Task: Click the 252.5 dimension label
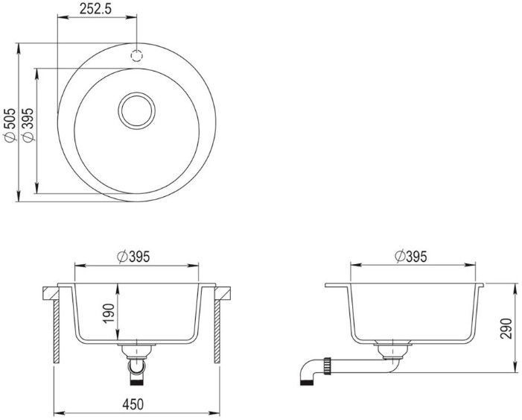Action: tap(95, 9)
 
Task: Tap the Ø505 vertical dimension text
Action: tap(10, 125)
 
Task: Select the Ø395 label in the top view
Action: tap(28, 125)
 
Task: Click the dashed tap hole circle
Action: tap(136, 55)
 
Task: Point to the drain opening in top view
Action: tap(137, 110)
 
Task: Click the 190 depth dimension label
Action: tap(109, 313)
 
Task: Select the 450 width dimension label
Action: tap(133, 404)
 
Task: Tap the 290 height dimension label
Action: tap(506, 328)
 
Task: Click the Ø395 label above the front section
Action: tap(134, 257)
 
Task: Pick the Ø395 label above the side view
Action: tap(410, 257)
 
